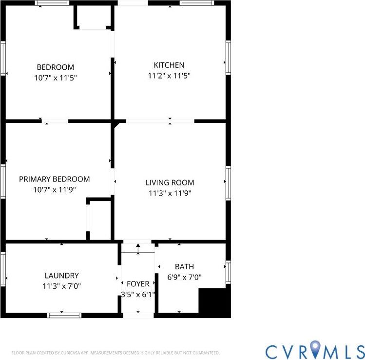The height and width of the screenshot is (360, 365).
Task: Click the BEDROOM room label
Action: (56, 67)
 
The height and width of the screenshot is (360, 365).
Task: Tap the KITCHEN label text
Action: (169, 65)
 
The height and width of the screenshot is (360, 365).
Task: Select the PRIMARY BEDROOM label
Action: (54, 179)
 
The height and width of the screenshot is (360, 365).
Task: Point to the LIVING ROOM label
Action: (170, 182)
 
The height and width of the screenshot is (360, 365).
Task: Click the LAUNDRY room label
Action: (61, 276)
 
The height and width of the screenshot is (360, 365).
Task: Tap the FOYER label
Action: (138, 284)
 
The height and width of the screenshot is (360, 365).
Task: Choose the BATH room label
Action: (184, 266)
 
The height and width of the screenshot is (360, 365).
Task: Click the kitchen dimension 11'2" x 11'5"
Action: (169, 76)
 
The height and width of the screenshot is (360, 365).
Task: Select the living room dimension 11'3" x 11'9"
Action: (170, 193)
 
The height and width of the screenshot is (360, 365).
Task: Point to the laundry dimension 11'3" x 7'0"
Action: (61, 286)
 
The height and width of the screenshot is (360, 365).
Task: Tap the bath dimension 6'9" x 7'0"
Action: (185, 277)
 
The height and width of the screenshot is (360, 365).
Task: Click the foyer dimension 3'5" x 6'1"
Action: (138, 294)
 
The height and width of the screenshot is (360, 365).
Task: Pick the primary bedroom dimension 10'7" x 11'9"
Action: (54, 190)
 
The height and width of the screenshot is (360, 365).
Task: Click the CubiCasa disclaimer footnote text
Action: (115, 353)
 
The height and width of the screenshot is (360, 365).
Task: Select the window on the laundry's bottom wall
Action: (64, 315)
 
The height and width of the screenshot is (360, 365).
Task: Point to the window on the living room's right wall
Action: (228, 183)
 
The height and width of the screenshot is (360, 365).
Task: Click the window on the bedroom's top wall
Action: (52, 3)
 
